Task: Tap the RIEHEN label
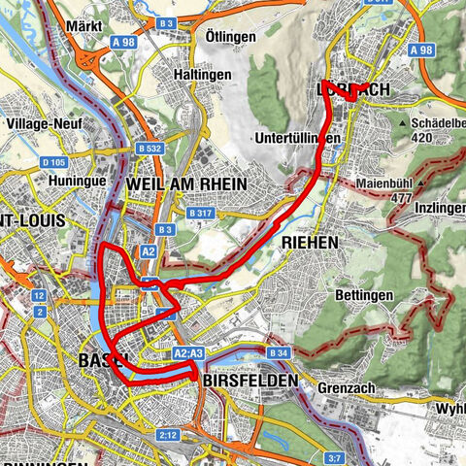(x=309, y=241)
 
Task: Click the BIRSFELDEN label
(x=250, y=383)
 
